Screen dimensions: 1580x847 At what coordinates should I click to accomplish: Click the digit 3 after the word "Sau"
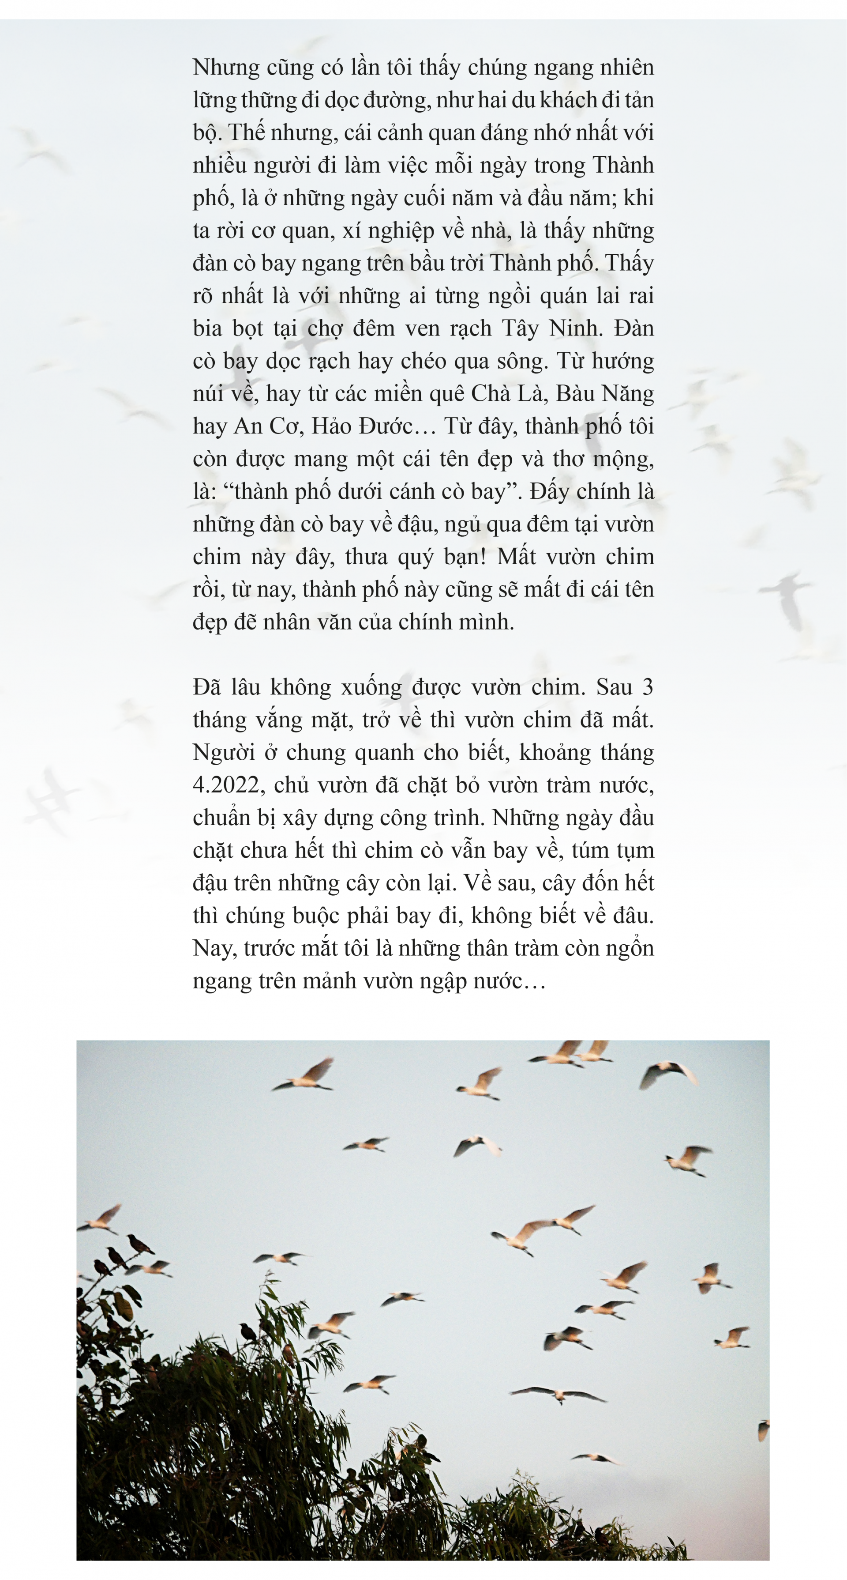[x=647, y=687]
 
